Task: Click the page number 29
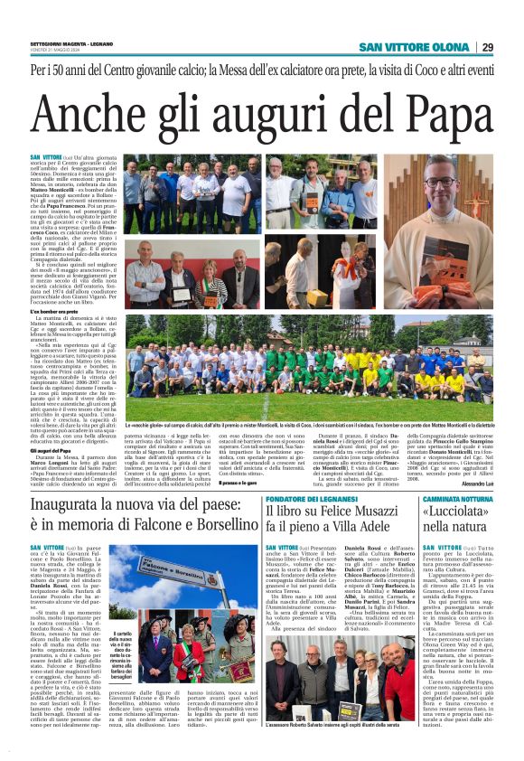[488, 47]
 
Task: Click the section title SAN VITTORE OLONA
[415, 47]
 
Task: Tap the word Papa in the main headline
[439, 114]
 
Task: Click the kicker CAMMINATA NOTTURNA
[455, 473]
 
